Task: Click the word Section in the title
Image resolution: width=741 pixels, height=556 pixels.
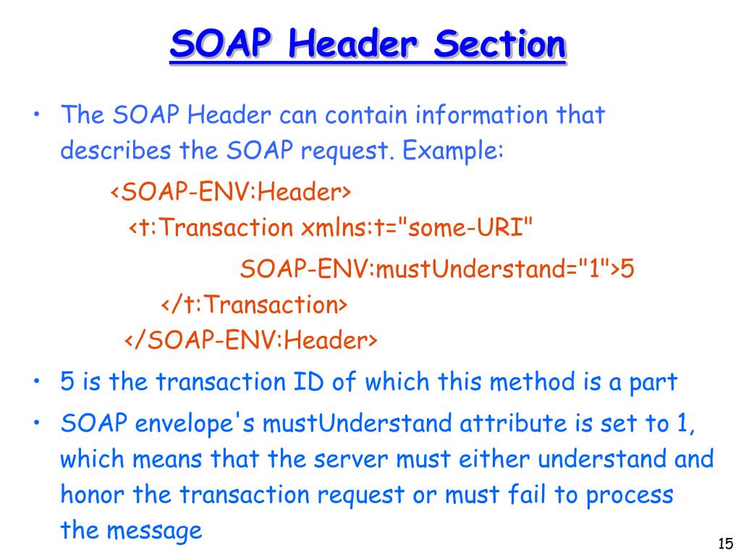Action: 499,46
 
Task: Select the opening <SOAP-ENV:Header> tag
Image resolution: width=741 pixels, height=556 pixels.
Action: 230,193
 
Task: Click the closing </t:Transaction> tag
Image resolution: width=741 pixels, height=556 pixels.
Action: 253,305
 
